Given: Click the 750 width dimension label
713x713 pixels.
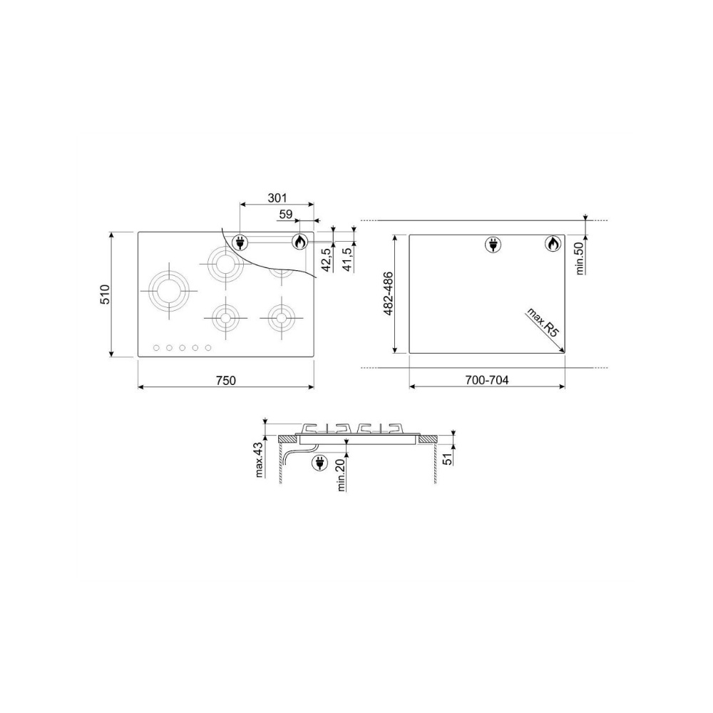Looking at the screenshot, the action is point(226,380).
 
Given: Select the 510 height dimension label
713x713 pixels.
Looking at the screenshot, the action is point(105,294).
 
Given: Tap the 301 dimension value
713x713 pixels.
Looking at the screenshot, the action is point(277,198).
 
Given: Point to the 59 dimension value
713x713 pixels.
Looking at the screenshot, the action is point(286,214).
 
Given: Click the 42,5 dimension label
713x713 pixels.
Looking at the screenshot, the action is point(326,260).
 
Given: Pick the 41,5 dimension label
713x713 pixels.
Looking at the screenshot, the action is point(348,260).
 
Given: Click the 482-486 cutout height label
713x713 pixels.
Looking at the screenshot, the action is point(388,294).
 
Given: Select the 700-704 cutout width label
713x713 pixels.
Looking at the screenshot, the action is point(487,380).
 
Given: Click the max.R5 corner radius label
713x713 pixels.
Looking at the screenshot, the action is point(542,322).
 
